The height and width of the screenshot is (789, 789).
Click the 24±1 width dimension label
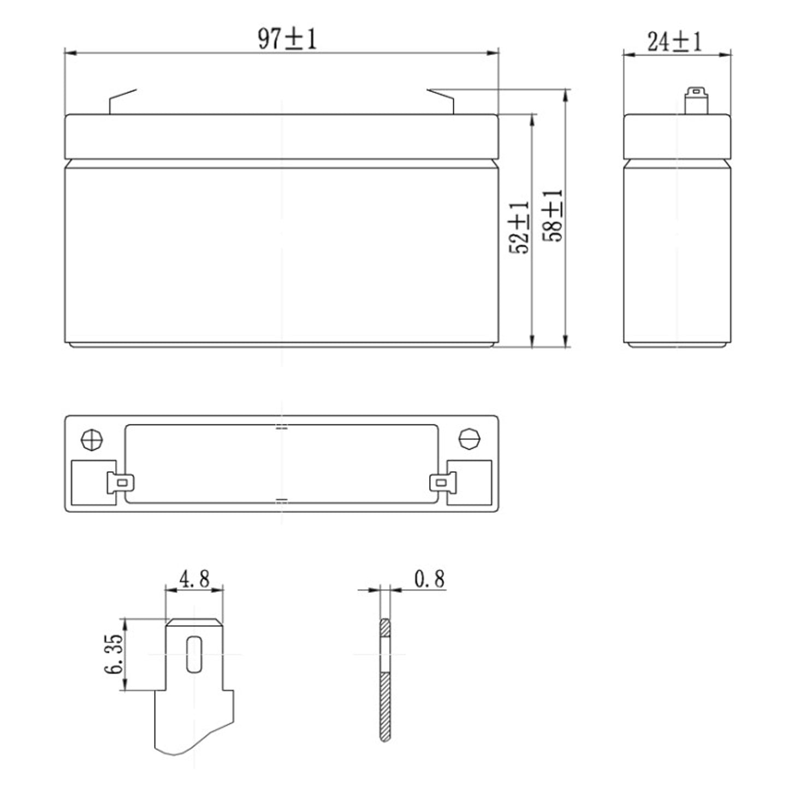point(674,41)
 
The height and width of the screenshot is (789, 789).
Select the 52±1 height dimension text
point(519,228)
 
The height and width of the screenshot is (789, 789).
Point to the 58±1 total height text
point(553,216)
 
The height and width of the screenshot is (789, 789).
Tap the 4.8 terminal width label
point(194,579)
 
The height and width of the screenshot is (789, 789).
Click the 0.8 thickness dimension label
point(429,579)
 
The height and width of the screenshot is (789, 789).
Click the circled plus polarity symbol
point(92,440)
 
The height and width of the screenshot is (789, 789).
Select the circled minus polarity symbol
point(470,440)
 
